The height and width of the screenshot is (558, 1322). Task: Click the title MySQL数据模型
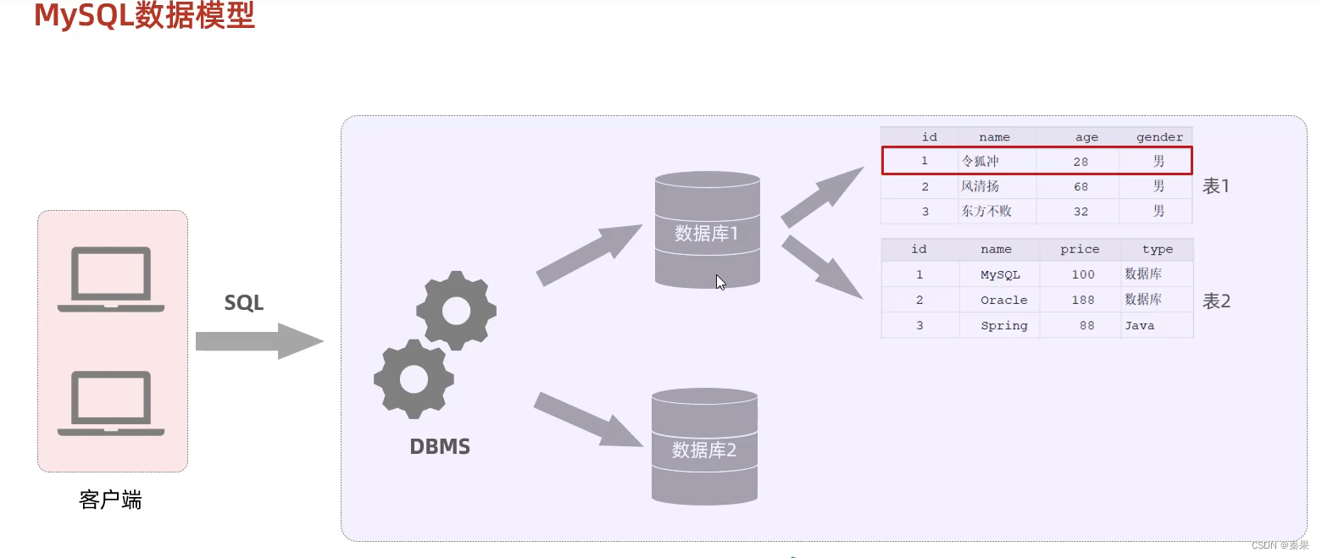144,17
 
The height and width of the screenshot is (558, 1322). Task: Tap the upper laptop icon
111,279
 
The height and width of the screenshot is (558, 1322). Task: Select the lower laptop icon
111,404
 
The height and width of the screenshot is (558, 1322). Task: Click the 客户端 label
110,500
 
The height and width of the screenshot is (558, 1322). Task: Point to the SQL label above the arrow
244,302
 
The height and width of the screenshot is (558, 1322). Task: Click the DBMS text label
440,446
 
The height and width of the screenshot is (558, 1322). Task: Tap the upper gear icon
456,311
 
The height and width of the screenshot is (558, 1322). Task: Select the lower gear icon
414,378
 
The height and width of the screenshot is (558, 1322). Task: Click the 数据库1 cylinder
707,230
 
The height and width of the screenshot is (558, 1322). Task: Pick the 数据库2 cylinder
704,446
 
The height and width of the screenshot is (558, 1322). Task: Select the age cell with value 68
1080,186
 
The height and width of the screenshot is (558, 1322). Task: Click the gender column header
1159,137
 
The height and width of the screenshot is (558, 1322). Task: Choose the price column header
1080,250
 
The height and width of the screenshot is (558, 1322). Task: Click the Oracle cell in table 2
1003,300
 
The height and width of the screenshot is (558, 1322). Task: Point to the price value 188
1082,300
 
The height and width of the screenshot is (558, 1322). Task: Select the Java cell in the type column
1139,325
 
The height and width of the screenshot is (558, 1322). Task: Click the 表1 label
1216,186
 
